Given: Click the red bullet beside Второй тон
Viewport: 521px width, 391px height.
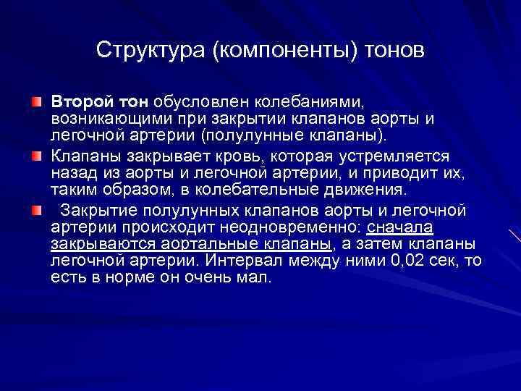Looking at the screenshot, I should coord(37,99).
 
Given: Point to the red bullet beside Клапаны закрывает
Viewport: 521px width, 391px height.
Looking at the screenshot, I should coord(37,155).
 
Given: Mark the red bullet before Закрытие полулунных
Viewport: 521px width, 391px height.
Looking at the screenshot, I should coord(37,211).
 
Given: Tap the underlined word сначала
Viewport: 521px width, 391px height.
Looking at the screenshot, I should coord(400,227).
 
